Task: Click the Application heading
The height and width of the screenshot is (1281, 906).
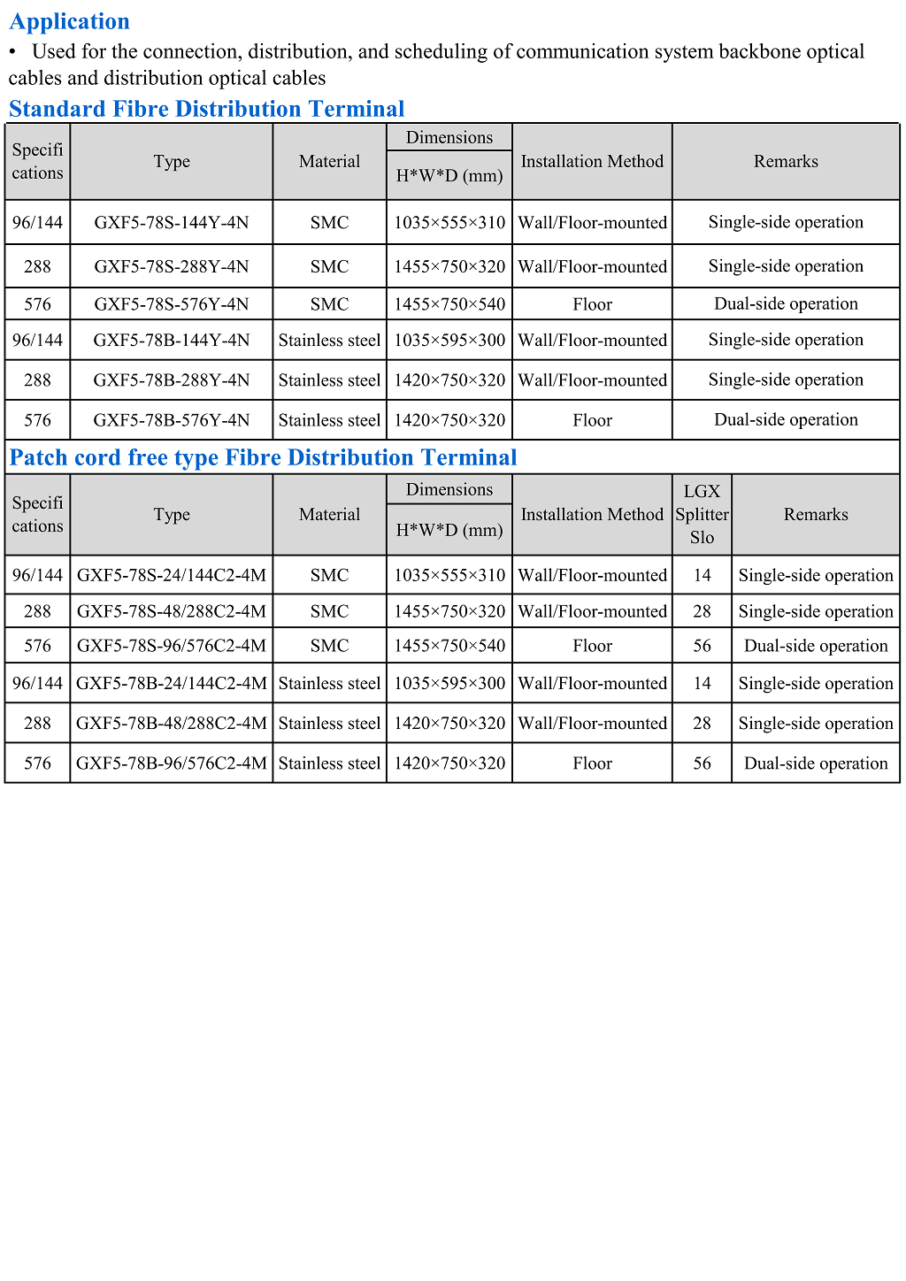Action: (x=69, y=21)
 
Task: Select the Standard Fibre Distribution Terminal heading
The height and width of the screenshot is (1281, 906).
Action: (x=206, y=109)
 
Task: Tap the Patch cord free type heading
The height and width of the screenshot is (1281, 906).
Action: (x=263, y=457)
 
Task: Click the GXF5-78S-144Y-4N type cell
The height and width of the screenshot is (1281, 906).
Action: (x=172, y=222)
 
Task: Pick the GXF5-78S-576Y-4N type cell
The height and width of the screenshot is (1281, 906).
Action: (x=172, y=304)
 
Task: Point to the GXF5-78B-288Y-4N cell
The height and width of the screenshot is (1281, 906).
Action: (x=172, y=380)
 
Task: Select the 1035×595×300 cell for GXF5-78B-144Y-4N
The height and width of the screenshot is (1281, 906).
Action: (x=449, y=340)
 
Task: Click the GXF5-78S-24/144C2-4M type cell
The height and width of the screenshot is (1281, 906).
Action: (x=172, y=575)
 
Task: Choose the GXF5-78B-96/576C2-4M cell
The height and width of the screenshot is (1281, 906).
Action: (x=172, y=763)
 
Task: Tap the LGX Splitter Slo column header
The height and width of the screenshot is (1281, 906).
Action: (x=702, y=514)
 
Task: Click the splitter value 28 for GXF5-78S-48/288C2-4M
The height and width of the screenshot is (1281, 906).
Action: (x=702, y=611)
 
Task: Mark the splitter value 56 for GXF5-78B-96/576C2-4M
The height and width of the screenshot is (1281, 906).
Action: (x=702, y=763)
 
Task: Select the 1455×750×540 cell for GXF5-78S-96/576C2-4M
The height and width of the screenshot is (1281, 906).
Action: (x=449, y=646)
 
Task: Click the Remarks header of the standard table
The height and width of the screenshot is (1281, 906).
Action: (x=786, y=161)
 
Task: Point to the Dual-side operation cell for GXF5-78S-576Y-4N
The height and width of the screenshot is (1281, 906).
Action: (x=786, y=304)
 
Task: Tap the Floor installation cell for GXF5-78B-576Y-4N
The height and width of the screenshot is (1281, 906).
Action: (x=592, y=420)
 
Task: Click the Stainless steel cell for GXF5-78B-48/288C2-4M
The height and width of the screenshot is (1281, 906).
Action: (x=329, y=724)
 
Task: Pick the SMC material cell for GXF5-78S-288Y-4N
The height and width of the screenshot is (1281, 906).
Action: (x=329, y=266)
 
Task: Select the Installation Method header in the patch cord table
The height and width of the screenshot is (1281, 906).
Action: (x=592, y=514)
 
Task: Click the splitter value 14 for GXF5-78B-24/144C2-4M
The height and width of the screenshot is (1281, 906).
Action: (x=702, y=684)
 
